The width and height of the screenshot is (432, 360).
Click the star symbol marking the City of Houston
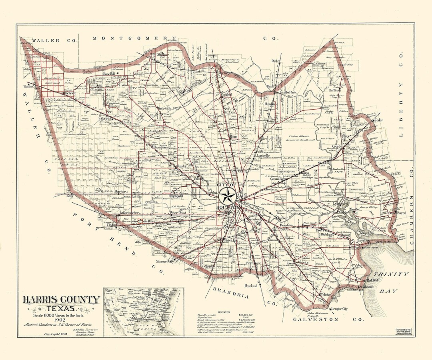pos(228,196)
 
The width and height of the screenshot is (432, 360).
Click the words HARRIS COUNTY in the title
pos(61,300)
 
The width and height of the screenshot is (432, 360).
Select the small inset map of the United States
pos(143,312)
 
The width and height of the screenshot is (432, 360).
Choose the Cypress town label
pos(105,119)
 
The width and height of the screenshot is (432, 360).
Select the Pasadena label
pos(287,226)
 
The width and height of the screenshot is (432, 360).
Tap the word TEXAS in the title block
pos(60,308)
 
